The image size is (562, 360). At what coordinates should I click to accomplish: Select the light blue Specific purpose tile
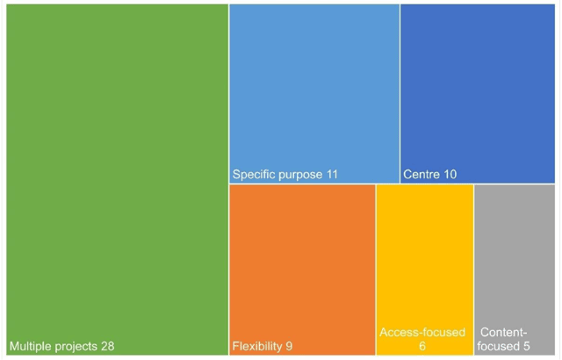[313, 88]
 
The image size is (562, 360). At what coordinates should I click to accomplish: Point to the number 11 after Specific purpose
[331, 175]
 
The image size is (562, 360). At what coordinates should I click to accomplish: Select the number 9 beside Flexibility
[289, 346]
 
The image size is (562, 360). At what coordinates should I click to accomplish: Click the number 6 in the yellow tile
[422, 347]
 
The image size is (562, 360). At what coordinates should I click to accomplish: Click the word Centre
[421, 175]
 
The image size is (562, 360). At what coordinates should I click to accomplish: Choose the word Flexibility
[257, 346]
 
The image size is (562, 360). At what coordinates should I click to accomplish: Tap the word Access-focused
[422, 333]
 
